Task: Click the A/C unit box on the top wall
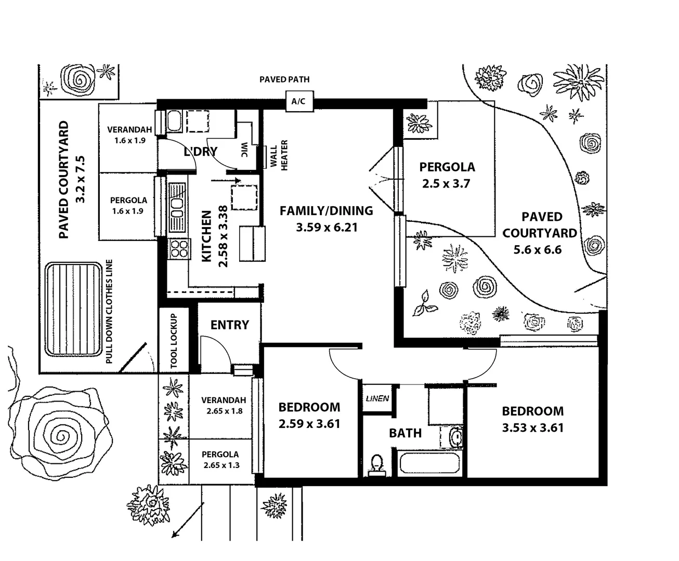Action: tap(298, 102)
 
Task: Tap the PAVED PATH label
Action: tap(284, 79)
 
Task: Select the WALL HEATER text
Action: tap(279, 155)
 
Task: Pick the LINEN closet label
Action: tap(377, 399)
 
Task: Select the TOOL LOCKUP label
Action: tap(174, 341)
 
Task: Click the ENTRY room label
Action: tap(229, 325)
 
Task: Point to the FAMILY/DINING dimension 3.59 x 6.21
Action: tap(327, 228)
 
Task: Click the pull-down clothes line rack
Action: tap(73, 309)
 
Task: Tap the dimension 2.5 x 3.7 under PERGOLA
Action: tap(447, 184)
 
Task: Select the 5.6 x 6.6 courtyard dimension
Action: tap(537, 250)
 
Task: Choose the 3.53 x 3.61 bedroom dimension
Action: tap(532, 428)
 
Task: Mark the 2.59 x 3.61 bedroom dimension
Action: tap(309, 424)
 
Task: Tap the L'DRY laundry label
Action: tap(201, 152)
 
